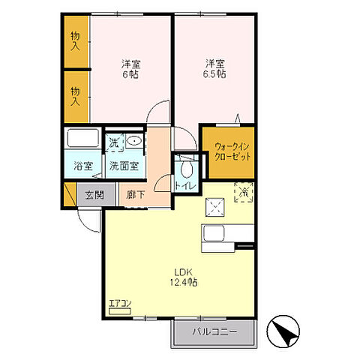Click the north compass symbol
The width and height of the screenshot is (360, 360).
(283, 331)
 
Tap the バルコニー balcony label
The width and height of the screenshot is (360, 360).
(214, 332)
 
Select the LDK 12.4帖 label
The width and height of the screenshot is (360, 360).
(184, 277)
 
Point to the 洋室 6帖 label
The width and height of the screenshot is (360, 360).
(130, 69)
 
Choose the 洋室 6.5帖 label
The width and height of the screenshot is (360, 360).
(214, 69)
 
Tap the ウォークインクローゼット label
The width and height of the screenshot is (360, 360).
(232, 151)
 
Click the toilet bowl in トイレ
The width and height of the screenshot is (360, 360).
(187, 168)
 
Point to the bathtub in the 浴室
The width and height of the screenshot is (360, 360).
(83, 138)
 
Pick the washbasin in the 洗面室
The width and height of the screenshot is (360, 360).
(134, 141)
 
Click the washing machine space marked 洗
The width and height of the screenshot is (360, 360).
(115, 142)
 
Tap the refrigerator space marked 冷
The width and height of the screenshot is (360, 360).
(244, 192)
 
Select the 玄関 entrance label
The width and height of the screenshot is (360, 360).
(94, 195)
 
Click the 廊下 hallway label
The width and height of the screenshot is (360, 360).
(135, 195)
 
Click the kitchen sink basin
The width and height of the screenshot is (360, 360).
(214, 233)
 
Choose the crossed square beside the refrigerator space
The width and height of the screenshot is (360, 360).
(215, 207)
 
